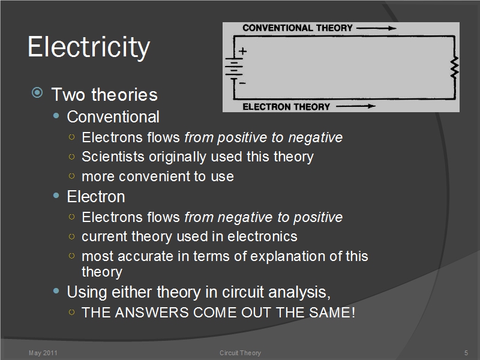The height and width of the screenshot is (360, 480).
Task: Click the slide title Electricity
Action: point(89,47)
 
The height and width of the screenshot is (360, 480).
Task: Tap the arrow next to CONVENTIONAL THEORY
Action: point(377,28)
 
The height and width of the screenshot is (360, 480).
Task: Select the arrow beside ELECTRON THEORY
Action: point(356,106)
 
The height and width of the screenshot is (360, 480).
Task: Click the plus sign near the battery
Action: point(243,51)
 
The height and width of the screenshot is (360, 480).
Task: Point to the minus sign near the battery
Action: point(242,83)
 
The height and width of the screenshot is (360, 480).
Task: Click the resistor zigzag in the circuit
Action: point(455,67)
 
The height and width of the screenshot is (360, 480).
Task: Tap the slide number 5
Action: point(466,353)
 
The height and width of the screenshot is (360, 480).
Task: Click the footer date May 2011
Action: point(43,353)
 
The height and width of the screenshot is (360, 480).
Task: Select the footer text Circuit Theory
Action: point(241,353)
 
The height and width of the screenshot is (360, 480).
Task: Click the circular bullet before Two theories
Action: point(37,92)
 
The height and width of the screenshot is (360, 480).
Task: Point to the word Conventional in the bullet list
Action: point(113,116)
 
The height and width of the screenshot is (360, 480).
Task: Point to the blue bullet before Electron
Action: point(56,196)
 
